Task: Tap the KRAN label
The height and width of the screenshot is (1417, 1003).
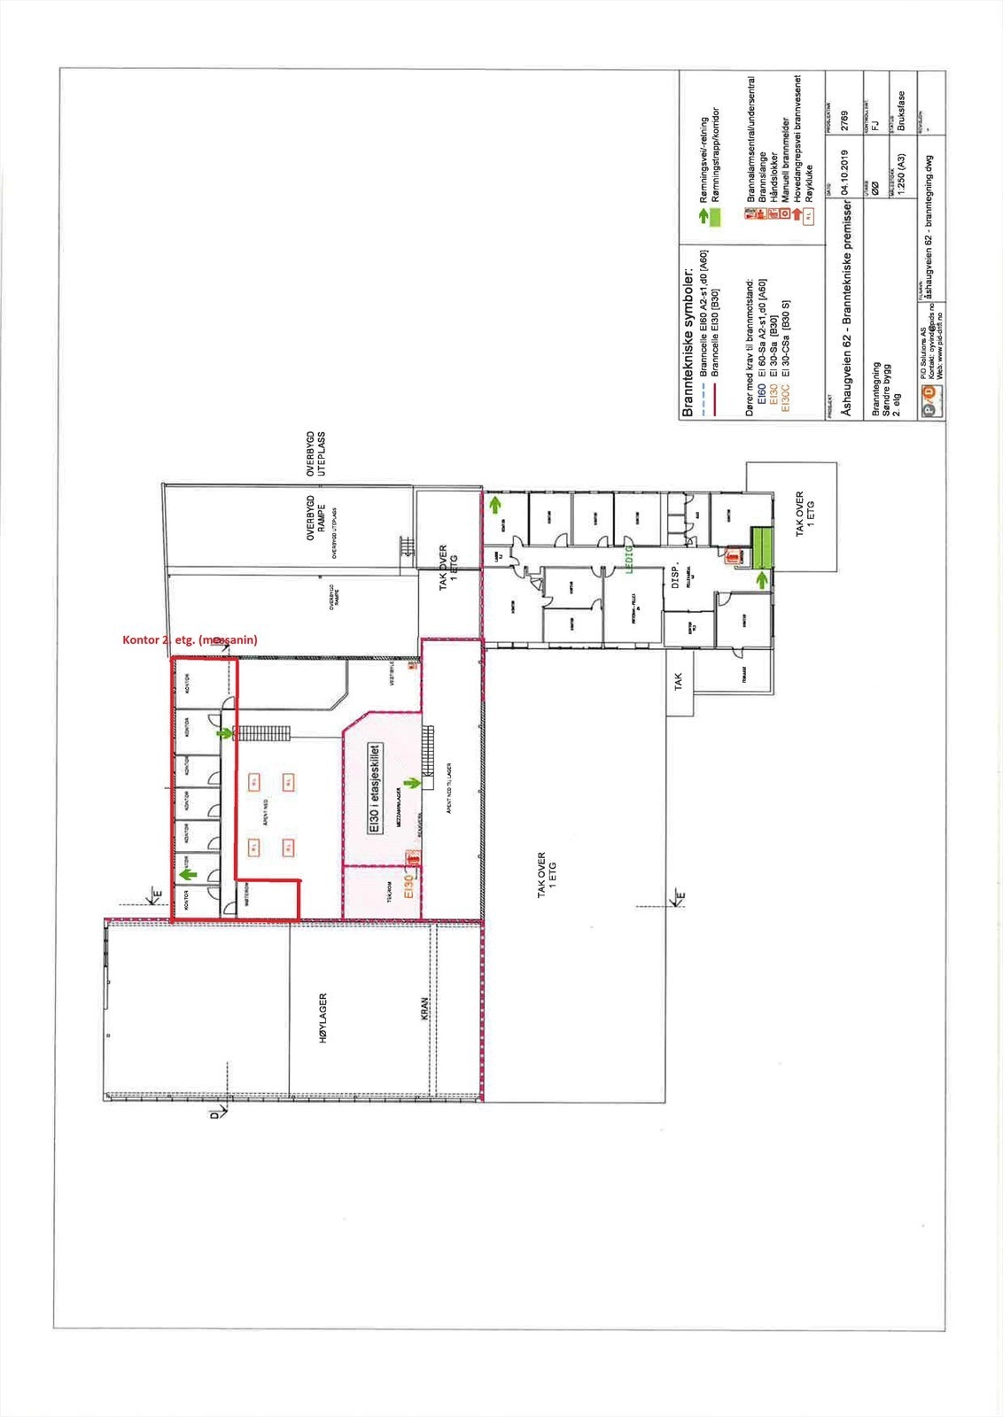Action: pos(424,1010)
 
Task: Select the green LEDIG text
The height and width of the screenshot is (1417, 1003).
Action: pos(631,558)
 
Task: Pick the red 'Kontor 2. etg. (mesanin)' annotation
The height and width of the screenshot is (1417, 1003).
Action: pos(190,639)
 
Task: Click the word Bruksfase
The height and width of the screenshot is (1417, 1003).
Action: pos(901,112)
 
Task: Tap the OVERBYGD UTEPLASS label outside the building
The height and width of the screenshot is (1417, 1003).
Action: pos(316,454)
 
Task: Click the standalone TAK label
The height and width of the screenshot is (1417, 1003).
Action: pos(679,682)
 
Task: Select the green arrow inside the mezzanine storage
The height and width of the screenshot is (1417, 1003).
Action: pos(411,783)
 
